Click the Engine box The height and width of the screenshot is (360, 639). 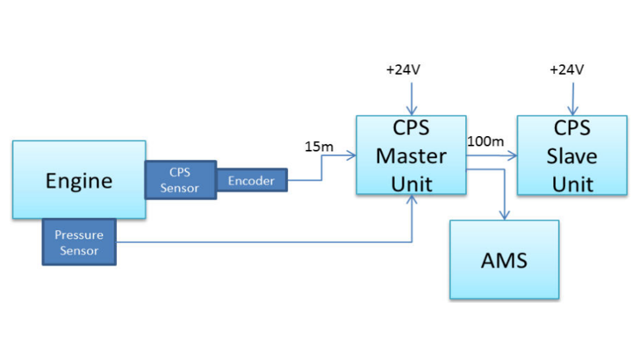click(79, 180)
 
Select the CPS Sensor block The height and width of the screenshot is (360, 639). click(179, 180)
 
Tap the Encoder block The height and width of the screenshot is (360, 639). click(251, 181)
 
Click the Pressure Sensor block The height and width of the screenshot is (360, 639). click(79, 242)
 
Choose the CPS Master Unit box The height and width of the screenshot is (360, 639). click(411, 155)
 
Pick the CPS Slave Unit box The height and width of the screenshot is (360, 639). click(571, 155)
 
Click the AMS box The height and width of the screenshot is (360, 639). click(504, 260)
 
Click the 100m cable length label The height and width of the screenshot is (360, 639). click(485, 141)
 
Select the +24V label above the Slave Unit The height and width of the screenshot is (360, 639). click(566, 69)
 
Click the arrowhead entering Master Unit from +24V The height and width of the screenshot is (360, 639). click(411, 111)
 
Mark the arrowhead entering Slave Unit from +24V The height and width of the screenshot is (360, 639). click(572, 111)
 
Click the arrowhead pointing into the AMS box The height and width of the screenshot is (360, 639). click(504, 215)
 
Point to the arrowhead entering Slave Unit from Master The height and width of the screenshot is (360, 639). click(512, 156)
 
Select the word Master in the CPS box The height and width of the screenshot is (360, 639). click(411, 155)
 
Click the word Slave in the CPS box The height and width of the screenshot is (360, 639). click(572, 155)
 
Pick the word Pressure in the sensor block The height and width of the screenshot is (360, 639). click(79, 235)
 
